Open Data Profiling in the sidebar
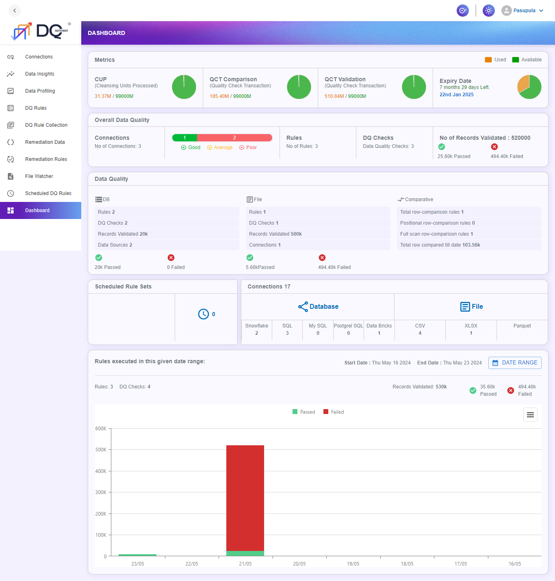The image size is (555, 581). pyautogui.click(x=40, y=91)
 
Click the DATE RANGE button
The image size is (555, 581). pyautogui.click(x=515, y=363)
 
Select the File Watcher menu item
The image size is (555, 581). pyautogui.click(x=39, y=176)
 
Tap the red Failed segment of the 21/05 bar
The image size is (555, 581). pyautogui.click(x=245, y=498)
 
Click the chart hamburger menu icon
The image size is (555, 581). pyautogui.click(x=530, y=415)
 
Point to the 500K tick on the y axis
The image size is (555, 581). pyautogui.click(x=101, y=450)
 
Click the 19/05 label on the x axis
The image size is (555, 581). pyautogui.click(x=353, y=564)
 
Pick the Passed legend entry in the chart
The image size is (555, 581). pyautogui.click(x=304, y=412)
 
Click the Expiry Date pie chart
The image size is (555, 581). pyautogui.click(x=529, y=87)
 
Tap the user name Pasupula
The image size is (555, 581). pyautogui.click(x=524, y=11)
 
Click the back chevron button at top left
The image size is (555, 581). pyautogui.click(x=15, y=11)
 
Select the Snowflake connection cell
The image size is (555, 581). pyautogui.click(x=257, y=330)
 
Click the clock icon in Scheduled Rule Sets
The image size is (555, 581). pyautogui.click(x=203, y=314)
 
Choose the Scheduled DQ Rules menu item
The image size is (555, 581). pyautogui.click(x=48, y=193)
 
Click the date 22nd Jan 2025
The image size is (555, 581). pyautogui.click(x=456, y=95)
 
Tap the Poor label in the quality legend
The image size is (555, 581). pyautogui.click(x=251, y=147)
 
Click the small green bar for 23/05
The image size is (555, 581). pyautogui.click(x=137, y=555)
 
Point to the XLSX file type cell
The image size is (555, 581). pyautogui.click(x=471, y=330)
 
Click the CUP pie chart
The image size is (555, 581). pyautogui.click(x=184, y=87)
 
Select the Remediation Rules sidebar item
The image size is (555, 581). pyautogui.click(x=46, y=159)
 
